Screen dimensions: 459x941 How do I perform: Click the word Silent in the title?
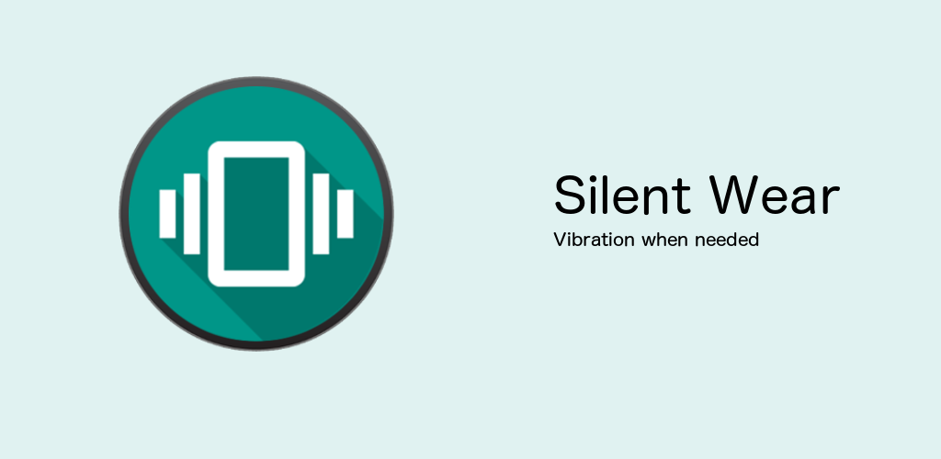click(620, 196)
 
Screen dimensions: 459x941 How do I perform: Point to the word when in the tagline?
click(663, 241)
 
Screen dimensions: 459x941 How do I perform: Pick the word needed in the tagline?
click(727, 241)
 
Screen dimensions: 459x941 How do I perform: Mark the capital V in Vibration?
click(560, 241)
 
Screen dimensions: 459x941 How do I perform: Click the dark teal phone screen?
click(256, 214)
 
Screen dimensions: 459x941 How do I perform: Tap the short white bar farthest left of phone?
click(167, 213)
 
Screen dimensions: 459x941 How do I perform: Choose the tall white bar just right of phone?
click(321, 213)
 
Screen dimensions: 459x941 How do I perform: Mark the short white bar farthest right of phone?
click(345, 213)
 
